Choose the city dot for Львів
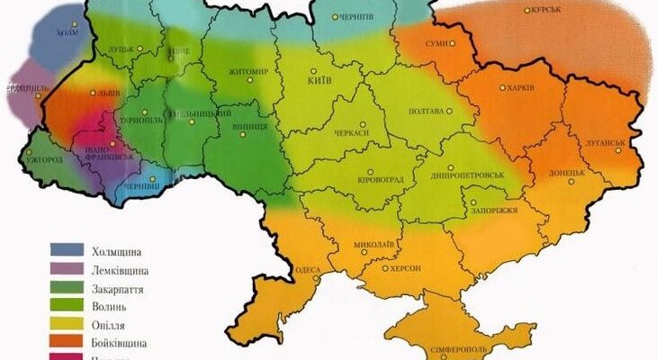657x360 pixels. pyautogui.click(x=81, y=92)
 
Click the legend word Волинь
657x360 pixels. pyautogui.click(x=109, y=306)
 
